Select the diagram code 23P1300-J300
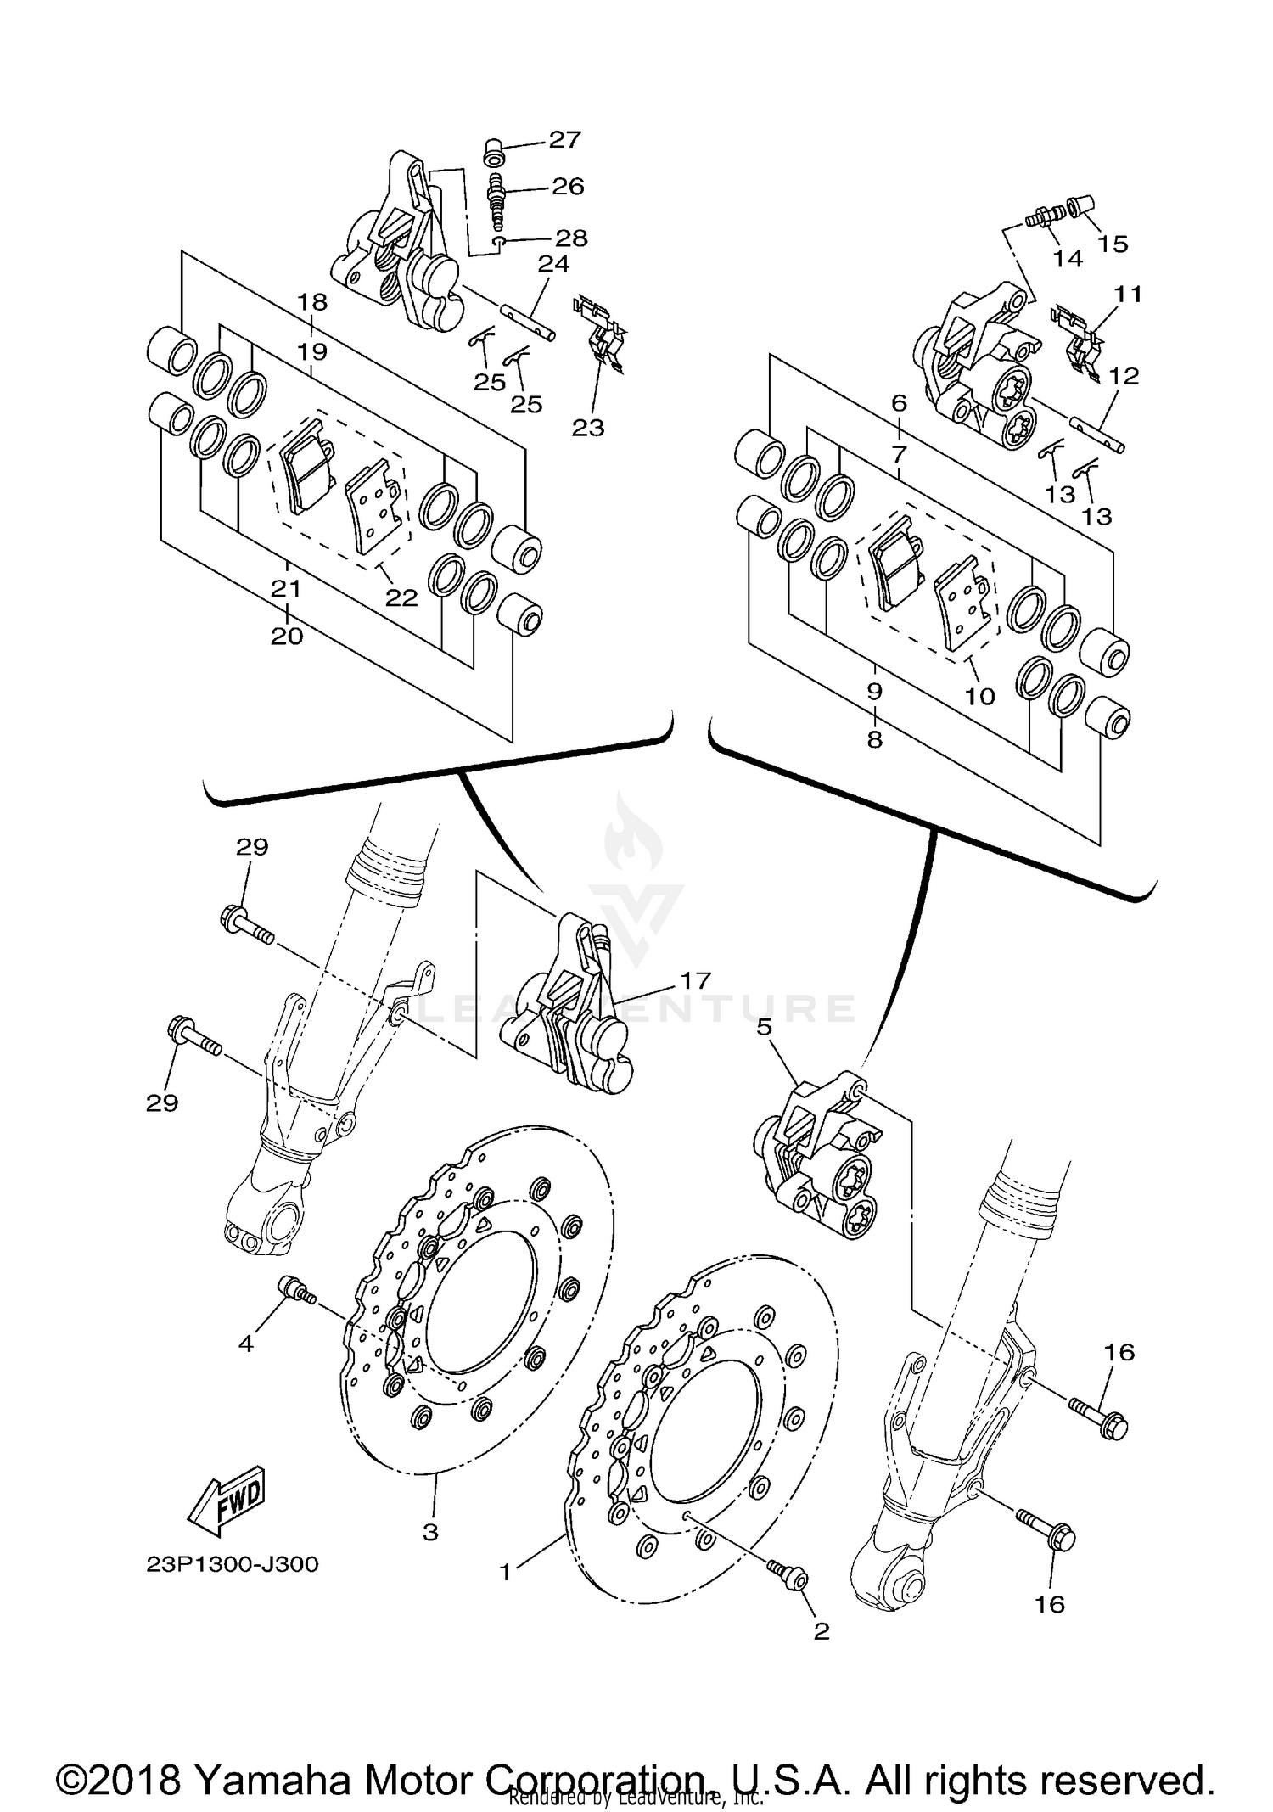tap(233, 1564)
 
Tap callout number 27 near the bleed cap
tap(564, 140)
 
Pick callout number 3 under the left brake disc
tap(430, 1532)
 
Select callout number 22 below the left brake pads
tap(401, 597)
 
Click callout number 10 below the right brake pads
tap(979, 696)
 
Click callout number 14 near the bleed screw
tap(1068, 259)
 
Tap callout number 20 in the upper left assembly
tap(287, 636)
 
